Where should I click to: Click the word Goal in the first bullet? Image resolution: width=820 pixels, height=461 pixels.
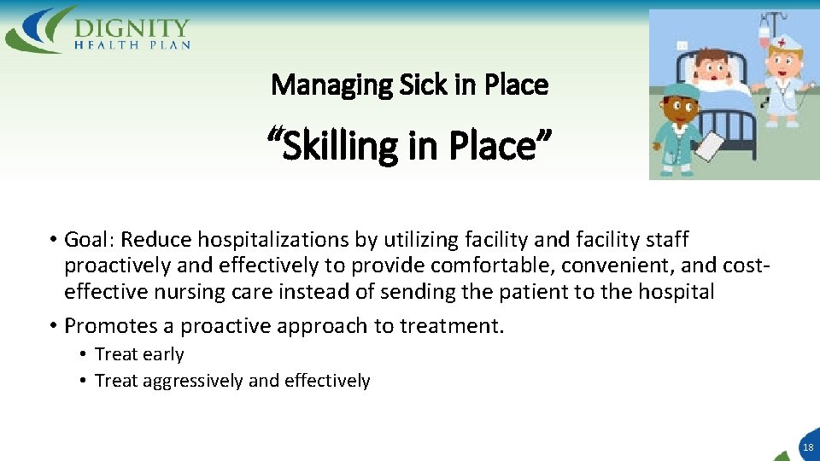pos(85,240)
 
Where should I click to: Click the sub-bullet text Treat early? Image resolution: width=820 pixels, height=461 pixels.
pos(139,354)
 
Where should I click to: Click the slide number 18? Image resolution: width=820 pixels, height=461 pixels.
pos(807,446)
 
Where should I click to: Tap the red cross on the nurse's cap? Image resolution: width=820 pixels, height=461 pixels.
pos(781,41)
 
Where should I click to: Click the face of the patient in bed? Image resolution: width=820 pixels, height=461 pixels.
pos(711,68)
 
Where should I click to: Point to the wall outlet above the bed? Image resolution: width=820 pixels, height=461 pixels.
pos(682,44)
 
